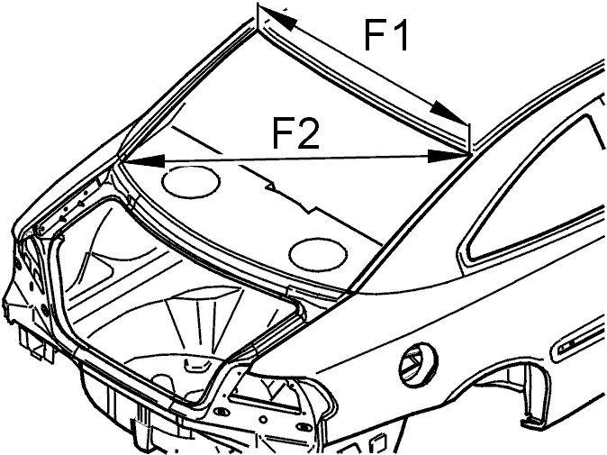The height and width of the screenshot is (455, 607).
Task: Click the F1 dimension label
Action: pos(386,36)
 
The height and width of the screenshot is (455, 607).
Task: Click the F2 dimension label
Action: pos(296,133)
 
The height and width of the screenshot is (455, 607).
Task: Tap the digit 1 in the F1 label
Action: pos(400,36)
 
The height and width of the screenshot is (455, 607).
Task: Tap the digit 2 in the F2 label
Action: pos(308,133)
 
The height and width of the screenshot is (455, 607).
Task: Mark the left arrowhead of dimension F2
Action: pos(144,160)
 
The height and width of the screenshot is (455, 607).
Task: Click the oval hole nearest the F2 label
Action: pos(191,181)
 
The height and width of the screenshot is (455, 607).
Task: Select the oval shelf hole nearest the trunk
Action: pos(318,253)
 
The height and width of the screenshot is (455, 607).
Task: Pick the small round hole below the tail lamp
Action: pos(263,420)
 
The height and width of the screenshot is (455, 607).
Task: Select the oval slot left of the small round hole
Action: pos(222,411)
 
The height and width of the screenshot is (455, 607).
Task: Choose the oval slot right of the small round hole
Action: pos(303,426)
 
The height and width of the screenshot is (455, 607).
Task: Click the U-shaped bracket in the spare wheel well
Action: pos(196,365)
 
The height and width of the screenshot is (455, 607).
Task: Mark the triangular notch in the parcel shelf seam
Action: pos(271,187)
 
